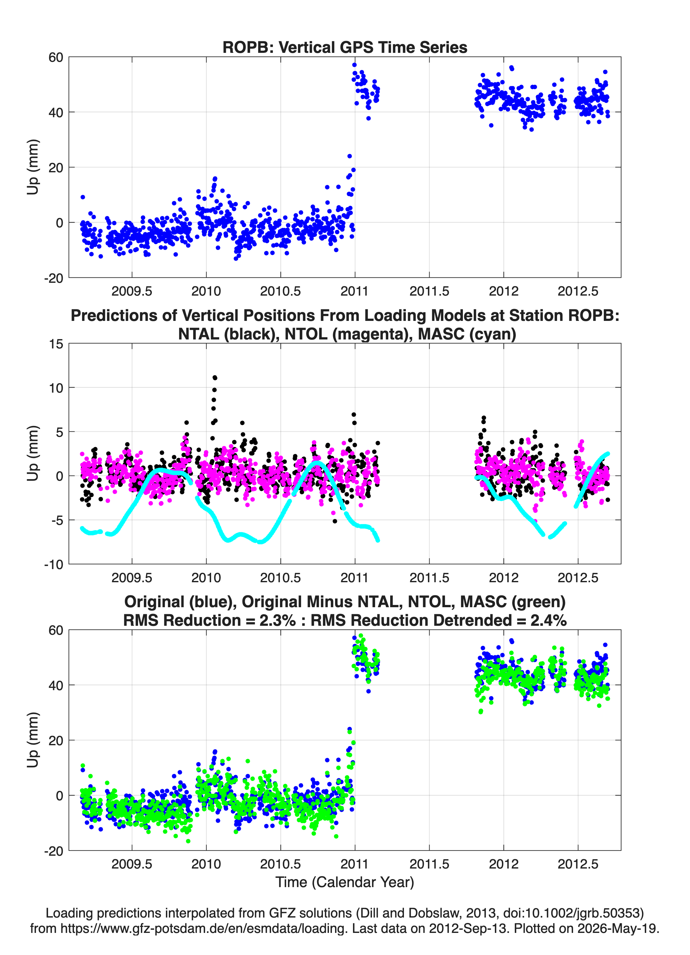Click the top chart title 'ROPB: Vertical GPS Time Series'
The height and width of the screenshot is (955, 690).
tap(345, 47)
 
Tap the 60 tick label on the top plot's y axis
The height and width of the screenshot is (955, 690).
tap(56, 57)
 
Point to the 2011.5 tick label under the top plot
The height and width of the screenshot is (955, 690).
tap(429, 291)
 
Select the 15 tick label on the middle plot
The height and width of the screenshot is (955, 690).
tap(56, 344)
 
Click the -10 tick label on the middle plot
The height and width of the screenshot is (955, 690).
tap(53, 565)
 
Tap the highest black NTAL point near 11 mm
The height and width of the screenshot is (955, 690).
tap(215, 378)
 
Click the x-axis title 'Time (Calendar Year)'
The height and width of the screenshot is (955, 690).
tap(345, 882)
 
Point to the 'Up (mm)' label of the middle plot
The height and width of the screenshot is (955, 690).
tap(33, 453)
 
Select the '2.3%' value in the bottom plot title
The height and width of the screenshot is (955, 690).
tap(278, 620)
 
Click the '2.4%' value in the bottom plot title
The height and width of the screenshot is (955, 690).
tap(548, 620)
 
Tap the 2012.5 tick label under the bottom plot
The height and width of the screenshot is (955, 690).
tap(578, 864)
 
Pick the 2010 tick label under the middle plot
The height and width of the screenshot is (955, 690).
tap(206, 578)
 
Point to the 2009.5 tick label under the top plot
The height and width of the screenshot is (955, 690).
tap(132, 291)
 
